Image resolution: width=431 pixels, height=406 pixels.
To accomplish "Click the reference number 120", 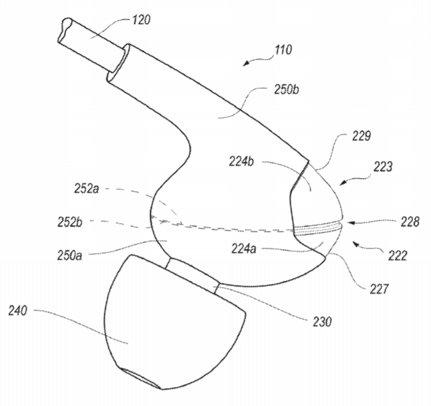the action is pos(141,20).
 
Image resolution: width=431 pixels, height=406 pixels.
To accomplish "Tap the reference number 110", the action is pos(283,50).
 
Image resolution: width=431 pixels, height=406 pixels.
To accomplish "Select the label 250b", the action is pos(287,90).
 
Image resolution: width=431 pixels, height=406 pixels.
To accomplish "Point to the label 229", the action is pos(361,136).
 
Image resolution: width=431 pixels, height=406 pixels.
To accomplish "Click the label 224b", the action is pos(241,161).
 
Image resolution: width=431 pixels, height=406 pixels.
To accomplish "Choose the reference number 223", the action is pos(382,167).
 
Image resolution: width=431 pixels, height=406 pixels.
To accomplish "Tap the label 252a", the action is pos(86,189).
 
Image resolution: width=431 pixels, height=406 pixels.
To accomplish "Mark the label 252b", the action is pos(70,222).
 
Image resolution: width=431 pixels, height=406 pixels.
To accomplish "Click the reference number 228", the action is pos(410,221).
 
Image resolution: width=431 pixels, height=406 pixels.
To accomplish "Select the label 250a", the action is pos(70,255).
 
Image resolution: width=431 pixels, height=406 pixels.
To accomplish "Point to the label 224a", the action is pos(243,249).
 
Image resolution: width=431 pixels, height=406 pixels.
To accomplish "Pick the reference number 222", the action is pos(398,255).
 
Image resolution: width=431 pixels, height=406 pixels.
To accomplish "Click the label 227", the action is pos(379,289).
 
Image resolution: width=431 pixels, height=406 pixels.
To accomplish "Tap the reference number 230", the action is pos(322,322).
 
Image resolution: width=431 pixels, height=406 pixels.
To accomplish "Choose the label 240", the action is pos(17,311).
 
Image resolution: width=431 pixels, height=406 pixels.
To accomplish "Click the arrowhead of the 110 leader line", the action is pos(246,63).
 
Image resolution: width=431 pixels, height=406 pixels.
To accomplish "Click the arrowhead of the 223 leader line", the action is pos(343,182).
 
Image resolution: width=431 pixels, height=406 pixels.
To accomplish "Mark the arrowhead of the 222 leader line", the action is pos(356,244).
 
